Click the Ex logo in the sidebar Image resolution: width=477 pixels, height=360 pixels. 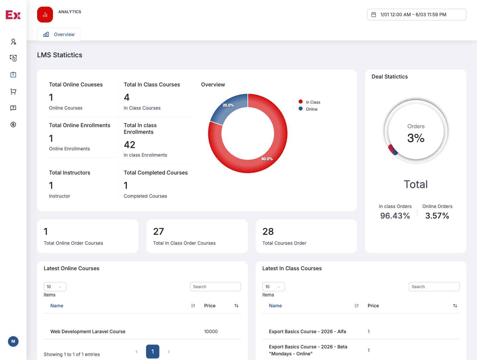point(13,15)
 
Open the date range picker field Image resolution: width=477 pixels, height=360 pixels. point(416,15)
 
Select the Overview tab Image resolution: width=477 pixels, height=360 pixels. point(59,34)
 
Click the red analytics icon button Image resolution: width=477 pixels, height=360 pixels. point(45,15)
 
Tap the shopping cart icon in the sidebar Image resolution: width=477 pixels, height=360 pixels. point(13,91)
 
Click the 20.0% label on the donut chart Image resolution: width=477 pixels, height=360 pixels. point(228,105)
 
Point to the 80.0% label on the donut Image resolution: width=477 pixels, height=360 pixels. point(267,159)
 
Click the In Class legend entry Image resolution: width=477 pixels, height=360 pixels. point(309,102)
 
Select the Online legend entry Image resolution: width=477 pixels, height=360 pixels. point(308,109)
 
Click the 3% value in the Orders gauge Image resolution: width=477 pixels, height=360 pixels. point(415,138)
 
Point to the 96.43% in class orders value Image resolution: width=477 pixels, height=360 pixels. point(395,216)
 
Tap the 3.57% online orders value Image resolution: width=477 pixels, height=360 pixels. point(437,216)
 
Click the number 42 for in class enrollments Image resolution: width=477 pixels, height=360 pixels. point(130,144)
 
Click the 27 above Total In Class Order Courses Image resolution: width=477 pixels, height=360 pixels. point(158,231)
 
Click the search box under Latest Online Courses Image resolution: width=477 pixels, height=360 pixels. point(215,286)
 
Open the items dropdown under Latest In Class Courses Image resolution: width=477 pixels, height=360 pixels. point(273,286)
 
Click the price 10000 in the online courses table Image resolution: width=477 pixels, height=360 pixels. point(211,331)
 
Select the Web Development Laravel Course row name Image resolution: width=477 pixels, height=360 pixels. point(88,331)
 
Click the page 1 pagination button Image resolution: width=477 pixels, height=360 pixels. point(153,351)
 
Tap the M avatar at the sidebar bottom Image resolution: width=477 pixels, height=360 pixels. point(13,341)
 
